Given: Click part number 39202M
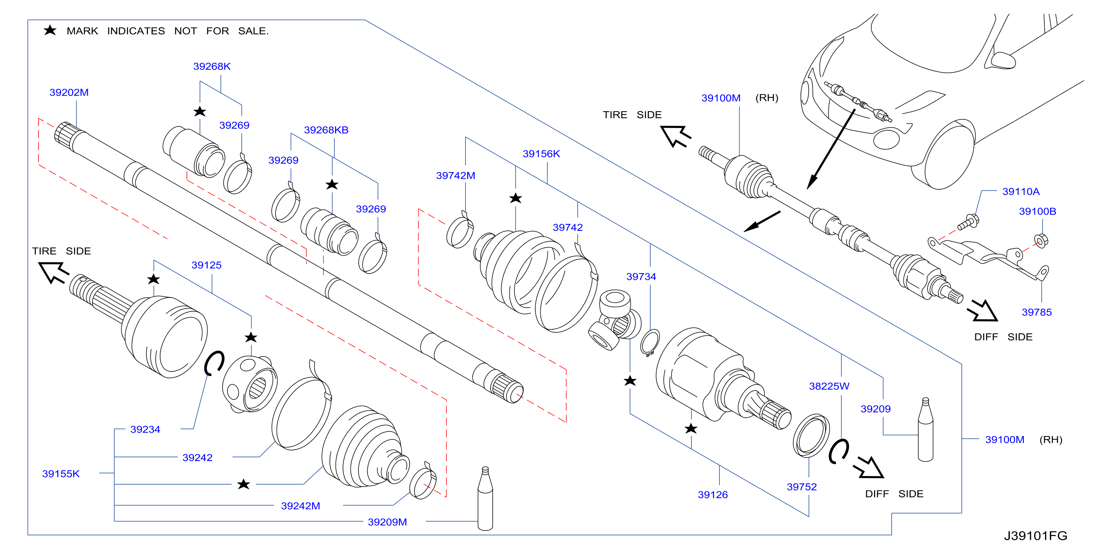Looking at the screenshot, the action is [x=69, y=92].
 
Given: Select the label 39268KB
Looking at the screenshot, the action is [x=326, y=130].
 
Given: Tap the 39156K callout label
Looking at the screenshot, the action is [x=541, y=153].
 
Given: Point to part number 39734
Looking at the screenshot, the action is [x=641, y=277].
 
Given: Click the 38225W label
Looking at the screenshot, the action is [x=829, y=386].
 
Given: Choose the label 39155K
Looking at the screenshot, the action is [x=61, y=474].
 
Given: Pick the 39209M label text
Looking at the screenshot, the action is [x=387, y=522].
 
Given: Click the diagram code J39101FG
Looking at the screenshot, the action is [x=1035, y=536].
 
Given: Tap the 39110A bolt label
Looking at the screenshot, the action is [x=1020, y=192].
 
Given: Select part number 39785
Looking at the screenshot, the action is [x=1037, y=312].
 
